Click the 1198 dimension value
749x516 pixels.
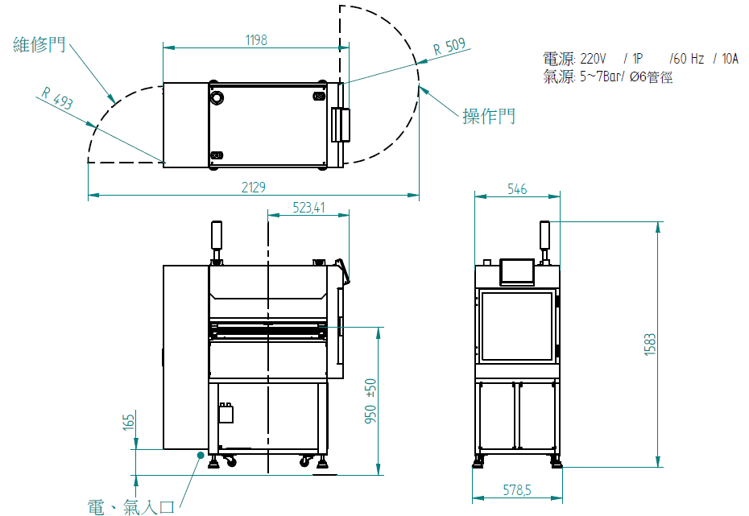click(x=256, y=40)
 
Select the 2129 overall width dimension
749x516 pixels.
click(x=253, y=187)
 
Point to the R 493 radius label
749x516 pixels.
click(x=57, y=98)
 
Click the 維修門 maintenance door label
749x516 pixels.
click(x=39, y=44)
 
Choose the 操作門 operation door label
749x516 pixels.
click(x=489, y=116)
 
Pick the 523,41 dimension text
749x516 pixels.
click(x=308, y=208)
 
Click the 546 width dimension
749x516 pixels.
click(x=517, y=189)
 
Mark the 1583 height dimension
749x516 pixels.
click(x=650, y=345)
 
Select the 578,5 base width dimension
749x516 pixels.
click(x=517, y=489)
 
